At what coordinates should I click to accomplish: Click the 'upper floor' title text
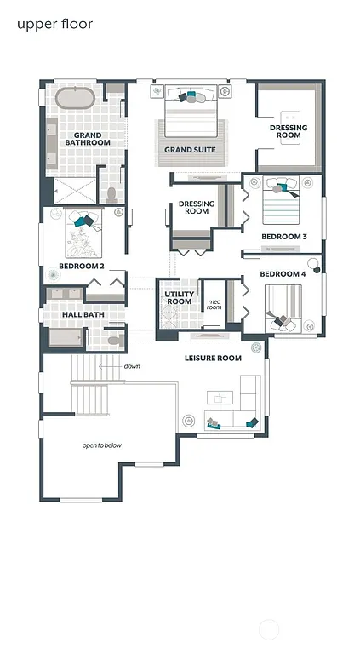tap(54, 24)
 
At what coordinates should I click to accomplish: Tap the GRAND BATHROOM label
tap(88, 139)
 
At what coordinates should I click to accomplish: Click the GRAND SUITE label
tap(190, 150)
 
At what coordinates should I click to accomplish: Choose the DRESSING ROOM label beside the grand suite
tap(289, 131)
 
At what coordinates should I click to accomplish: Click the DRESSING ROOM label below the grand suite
tap(197, 207)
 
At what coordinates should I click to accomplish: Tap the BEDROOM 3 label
tap(283, 236)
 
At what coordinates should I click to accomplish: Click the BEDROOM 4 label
tap(282, 273)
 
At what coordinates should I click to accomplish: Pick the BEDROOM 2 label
tap(82, 266)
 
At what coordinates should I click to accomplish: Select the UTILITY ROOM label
tap(179, 298)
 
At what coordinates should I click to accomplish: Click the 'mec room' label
tap(214, 304)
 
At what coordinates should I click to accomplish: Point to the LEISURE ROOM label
tap(213, 358)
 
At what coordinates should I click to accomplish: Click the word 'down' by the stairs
tap(131, 366)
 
